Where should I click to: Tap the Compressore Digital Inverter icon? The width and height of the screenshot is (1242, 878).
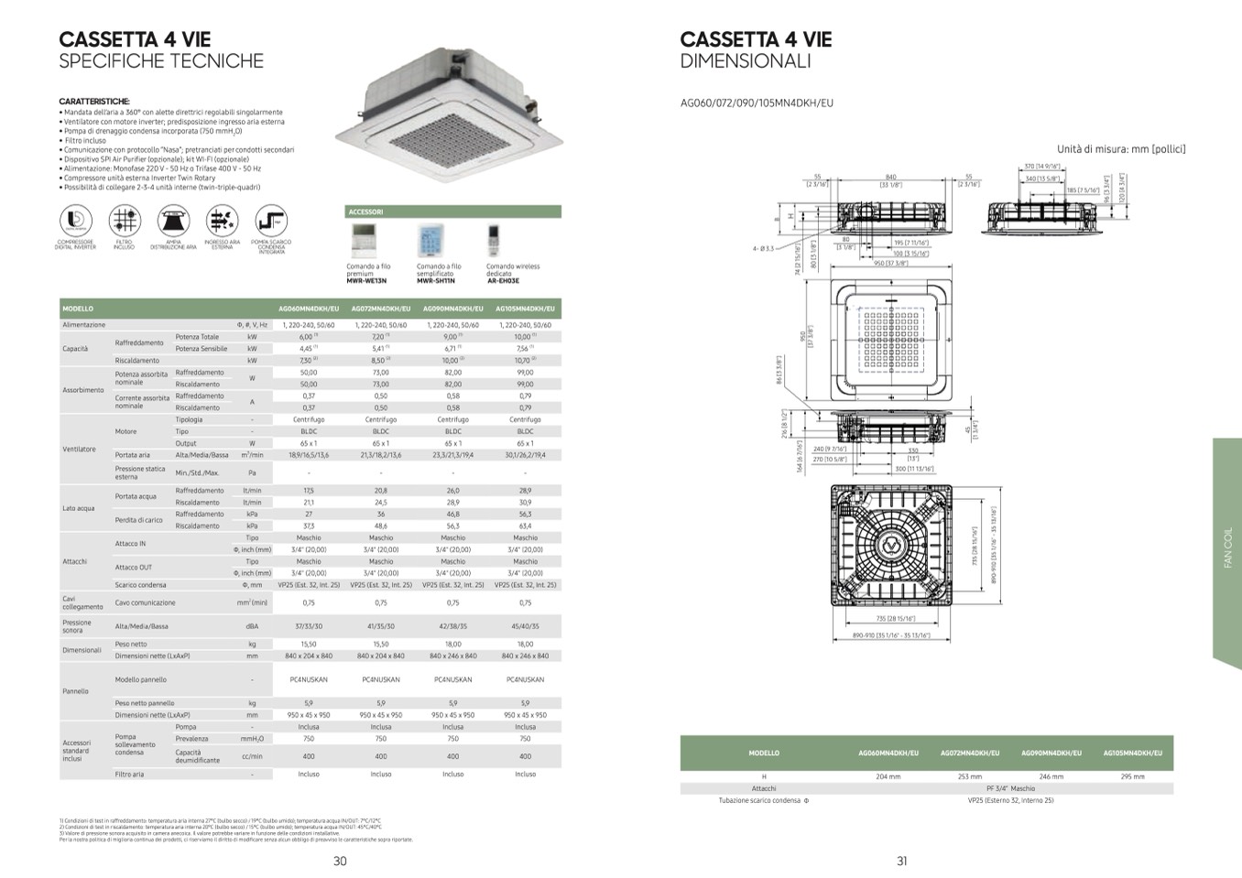point(76,221)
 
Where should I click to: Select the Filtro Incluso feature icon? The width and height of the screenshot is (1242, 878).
point(125,221)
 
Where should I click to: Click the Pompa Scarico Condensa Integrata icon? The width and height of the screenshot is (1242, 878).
point(271,221)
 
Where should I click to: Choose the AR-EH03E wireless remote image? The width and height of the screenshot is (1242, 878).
point(497,242)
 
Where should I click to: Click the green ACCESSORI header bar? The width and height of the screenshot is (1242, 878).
point(452,211)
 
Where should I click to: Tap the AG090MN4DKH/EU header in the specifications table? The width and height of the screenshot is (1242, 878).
point(452,309)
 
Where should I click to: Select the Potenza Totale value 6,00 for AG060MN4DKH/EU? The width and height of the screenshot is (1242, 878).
point(308,337)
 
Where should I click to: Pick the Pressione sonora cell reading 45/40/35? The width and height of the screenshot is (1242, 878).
point(525,626)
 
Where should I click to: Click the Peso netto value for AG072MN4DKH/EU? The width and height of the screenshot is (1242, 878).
point(380,645)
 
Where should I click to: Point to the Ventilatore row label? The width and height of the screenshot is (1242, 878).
point(79,449)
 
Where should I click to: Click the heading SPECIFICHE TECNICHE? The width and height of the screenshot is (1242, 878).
point(161,61)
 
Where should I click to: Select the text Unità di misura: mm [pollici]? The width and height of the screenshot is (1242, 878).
point(1120,148)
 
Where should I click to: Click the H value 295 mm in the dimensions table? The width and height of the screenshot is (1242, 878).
point(1132,776)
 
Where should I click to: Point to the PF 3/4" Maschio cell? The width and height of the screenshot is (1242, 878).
point(1010,788)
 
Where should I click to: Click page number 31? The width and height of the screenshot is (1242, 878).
point(901,861)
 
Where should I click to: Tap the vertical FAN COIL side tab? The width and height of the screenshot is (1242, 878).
point(1227,548)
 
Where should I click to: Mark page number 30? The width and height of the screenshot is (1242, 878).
point(340,861)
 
